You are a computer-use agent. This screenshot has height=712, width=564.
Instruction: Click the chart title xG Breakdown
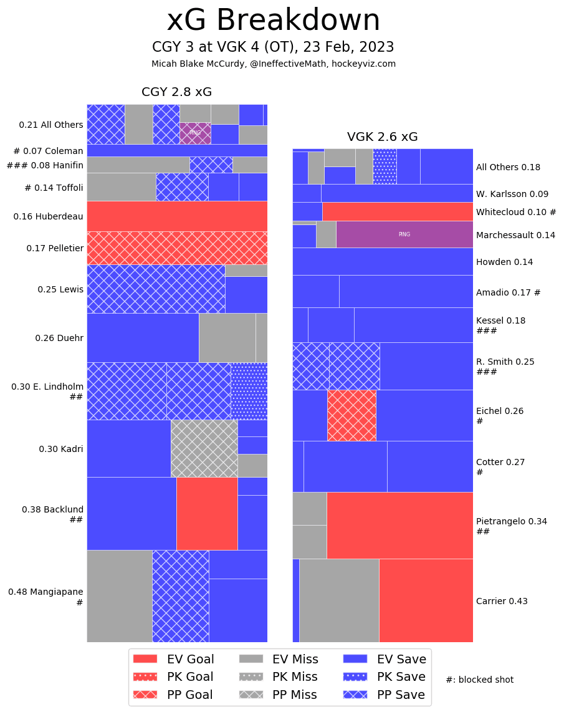pos(273,21)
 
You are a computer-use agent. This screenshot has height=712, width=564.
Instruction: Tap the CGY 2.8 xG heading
pos(176,92)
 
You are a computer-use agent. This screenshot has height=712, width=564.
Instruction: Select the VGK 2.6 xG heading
pos(382,137)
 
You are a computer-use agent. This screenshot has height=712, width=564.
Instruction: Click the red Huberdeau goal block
pos(177,216)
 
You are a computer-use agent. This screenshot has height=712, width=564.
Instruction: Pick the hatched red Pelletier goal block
pos(177,248)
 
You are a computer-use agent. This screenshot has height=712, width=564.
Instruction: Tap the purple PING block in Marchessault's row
pos(404,234)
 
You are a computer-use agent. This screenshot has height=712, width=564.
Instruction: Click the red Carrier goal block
pos(426,600)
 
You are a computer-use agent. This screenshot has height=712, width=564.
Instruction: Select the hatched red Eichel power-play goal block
pos(351,415)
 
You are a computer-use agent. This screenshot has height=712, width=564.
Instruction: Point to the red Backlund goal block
pos(207,513)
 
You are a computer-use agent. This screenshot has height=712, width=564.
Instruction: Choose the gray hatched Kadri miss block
pos(204,448)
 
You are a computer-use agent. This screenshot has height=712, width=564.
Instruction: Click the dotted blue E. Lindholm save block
pos(249,391)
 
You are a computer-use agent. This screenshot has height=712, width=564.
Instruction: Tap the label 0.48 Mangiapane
pos(45,592)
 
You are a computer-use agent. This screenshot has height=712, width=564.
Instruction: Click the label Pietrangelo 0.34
pos(511,521)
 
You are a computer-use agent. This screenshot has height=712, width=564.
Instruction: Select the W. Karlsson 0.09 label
pos(512,194)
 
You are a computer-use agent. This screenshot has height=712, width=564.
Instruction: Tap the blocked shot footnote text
pos(479,680)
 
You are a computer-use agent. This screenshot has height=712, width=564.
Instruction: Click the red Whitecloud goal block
pos(397,211)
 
